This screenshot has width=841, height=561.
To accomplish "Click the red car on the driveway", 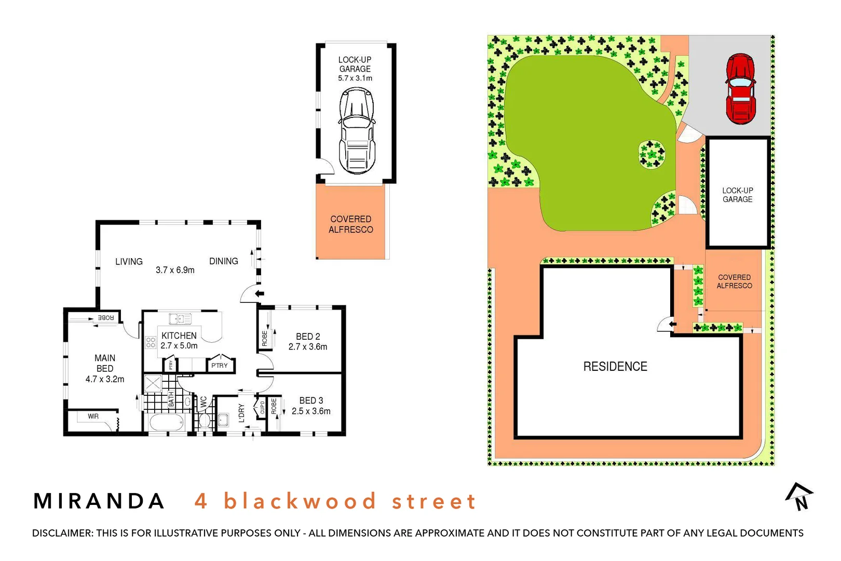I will [741, 89].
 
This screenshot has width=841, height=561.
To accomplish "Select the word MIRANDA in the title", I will [99, 501].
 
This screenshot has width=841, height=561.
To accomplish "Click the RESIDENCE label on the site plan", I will [615, 367].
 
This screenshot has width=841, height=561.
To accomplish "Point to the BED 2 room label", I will [308, 337].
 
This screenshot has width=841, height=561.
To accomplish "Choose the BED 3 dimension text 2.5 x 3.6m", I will [311, 411].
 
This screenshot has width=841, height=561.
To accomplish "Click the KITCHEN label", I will [179, 336].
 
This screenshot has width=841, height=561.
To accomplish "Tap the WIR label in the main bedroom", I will [93, 416].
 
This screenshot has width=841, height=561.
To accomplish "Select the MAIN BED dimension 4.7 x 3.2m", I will [105, 379].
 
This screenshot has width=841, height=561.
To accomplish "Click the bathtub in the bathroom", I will [167, 422].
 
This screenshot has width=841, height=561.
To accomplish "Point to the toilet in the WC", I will [205, 419].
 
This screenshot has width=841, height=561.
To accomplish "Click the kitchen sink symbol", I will [180, 318].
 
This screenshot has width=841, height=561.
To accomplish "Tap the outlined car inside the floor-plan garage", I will [357, 131].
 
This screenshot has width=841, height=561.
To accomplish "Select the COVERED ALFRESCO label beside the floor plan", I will [351, 224].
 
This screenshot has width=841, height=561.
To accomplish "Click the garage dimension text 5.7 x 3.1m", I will [355, 78].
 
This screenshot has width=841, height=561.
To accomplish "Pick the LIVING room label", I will [129, 261].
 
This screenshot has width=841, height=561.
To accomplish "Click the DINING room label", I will [224, 261].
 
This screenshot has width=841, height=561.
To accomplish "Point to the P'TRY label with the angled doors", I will [220, 365].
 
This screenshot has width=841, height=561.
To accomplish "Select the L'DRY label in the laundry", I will [241, 413].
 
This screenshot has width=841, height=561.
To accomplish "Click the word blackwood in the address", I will [300, 501].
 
